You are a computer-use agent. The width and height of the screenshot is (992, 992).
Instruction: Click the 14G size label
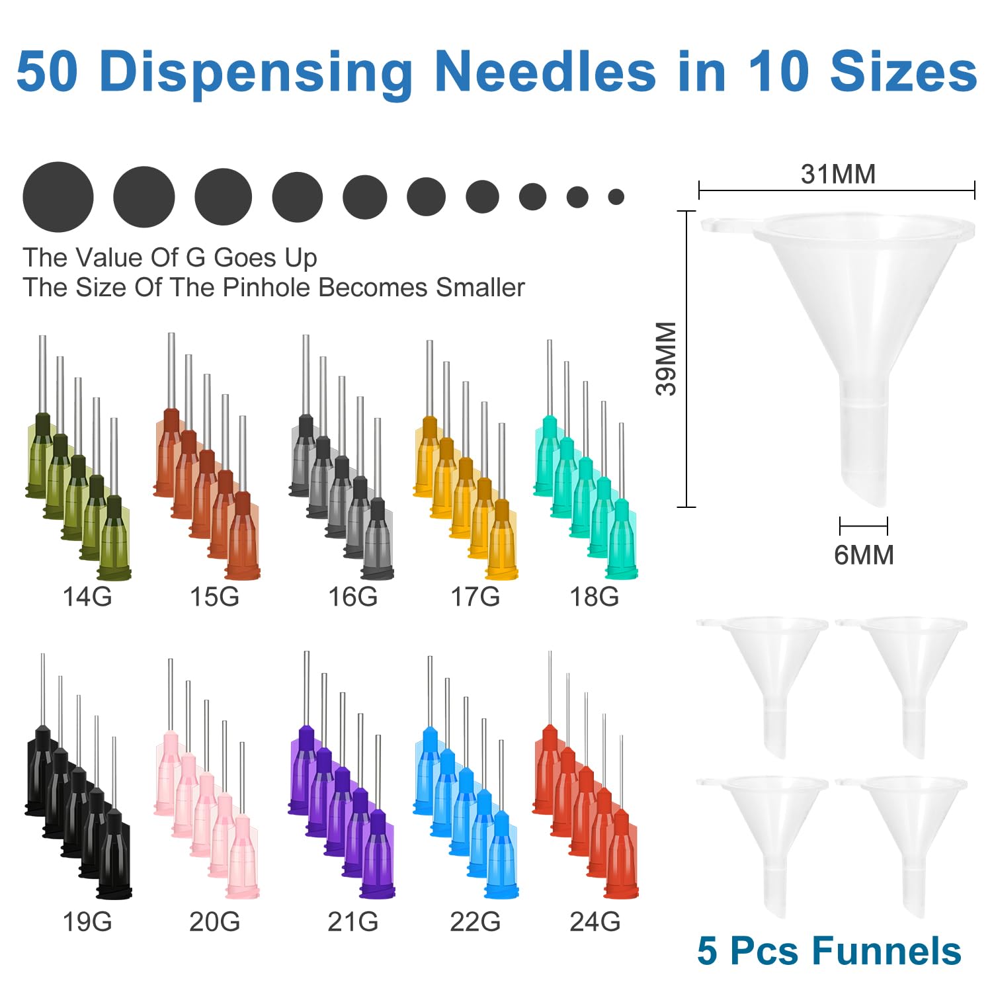[87, 597]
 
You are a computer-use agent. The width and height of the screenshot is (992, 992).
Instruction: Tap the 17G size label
[475, 597]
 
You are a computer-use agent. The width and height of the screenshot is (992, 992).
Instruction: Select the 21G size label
[352, 921]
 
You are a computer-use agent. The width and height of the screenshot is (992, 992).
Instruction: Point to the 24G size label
[595, 921]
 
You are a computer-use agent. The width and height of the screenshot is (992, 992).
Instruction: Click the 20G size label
[214, 921]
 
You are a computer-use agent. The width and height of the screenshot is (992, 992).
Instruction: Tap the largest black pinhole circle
[58, 197]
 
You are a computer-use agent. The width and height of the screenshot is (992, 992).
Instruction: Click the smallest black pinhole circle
[616, 196]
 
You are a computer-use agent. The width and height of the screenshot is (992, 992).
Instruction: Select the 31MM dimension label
[838, 174]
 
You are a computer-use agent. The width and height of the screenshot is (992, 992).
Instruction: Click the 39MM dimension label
[667, 358]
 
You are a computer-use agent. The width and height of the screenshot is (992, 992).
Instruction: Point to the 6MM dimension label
[864, 555]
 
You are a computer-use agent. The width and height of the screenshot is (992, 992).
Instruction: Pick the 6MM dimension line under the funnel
[864, 526]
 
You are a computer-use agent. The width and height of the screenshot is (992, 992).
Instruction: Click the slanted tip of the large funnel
[867, 493]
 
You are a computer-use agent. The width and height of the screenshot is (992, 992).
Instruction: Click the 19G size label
[87, 921]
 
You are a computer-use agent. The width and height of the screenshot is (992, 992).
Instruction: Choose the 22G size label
[475, 921]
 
